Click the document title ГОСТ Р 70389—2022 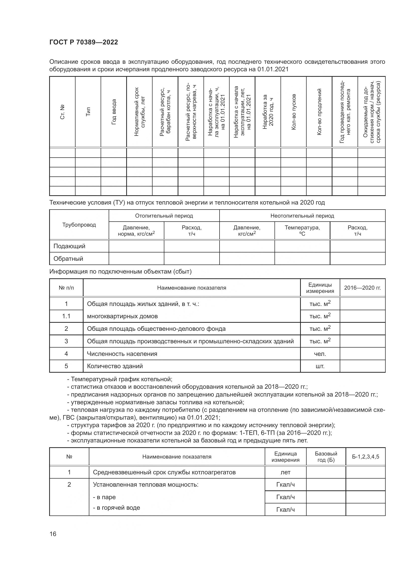tap(84, 42)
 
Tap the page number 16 tap(53, 534)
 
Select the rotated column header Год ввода tap(114, 112)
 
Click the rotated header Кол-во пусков tap(294, 112)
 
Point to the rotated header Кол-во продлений tap(319, 112)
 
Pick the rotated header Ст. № tap(62, 112)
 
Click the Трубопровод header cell tap(79, 225)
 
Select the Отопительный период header tap(164, 216)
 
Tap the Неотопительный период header tap(302, 216)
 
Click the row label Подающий tap(69, 246)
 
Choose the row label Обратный tap(68, 259)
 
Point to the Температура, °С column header tap(302, 231)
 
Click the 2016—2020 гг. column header tap(362, 288)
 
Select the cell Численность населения tap(122, 354)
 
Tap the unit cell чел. tap(320, 354)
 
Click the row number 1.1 tap(66, 316)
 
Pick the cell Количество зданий tap(115, 366)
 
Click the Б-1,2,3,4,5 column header tap(365, 456)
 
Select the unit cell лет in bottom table tap(285, 472)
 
